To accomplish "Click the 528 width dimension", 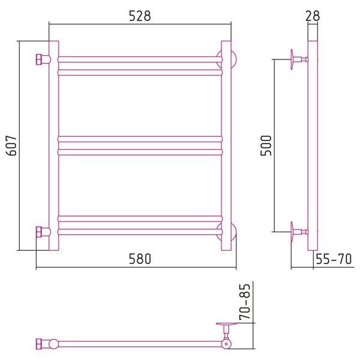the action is click(x=140, y=16).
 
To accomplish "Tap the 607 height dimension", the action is click(x=11, y=146).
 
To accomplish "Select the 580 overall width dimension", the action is click(x=140, y=259).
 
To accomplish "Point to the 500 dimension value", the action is click(x=266, y=146).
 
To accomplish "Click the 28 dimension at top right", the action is click(x=313, y=16).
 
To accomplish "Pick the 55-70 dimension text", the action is click(x=334, y=259).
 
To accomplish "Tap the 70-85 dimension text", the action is click(x=245, y=302).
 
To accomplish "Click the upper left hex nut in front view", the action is click(x=39, y=59).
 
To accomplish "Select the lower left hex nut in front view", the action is click(x=39, y=232).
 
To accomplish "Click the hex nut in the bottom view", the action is click(x=39, y=344).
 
